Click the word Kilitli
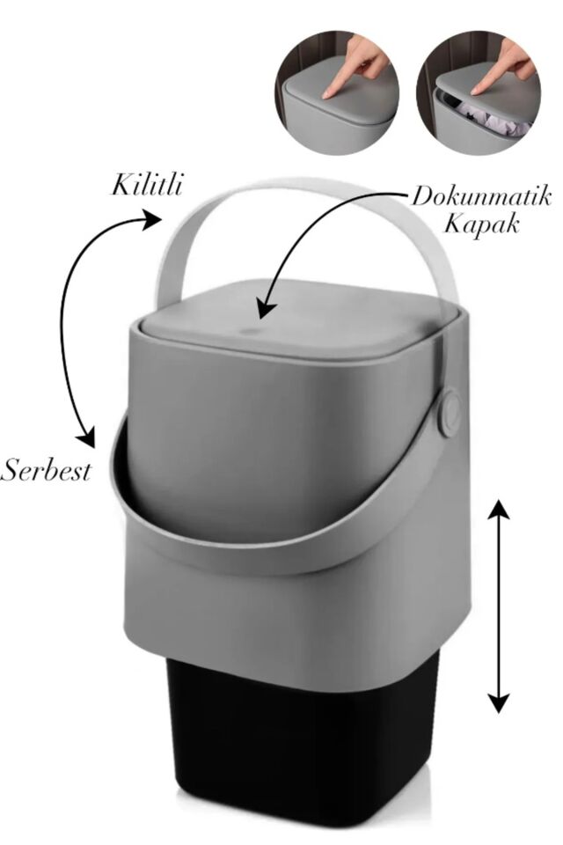(x=146, y=184)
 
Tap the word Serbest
(x=46, y=470)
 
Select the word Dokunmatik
(x=482, y=197)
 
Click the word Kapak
(x=481, y=223)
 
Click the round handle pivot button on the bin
(x=450, y=414)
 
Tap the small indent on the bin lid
(x=248, y=330)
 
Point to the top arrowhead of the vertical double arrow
(x=499, y=510)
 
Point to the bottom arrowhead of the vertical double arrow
(x=499, y=702)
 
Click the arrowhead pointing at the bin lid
(x=267, y=310)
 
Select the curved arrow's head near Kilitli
(x=151, y=218)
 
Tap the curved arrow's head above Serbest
(x=86, y=437)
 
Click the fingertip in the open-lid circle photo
(x=476, y=92)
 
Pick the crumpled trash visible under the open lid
(x=490, y=121)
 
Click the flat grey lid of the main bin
(x=301, y=319)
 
